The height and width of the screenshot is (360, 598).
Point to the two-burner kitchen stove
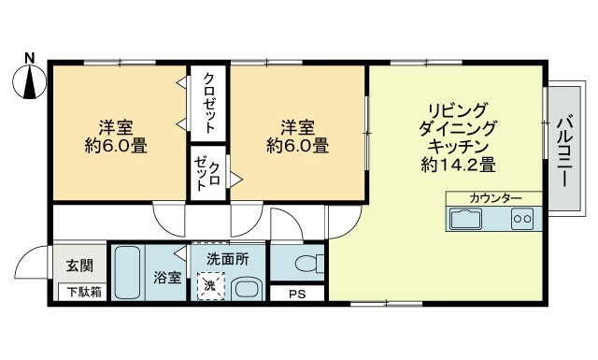[521, 221]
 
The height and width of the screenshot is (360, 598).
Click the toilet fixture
[307, 264]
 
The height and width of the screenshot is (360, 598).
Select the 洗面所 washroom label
[228, 259]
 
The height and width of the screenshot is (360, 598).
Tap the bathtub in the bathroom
[127, 272]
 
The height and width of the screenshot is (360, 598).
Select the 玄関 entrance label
[79, 266]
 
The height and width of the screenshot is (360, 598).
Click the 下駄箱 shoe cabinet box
[82, 292]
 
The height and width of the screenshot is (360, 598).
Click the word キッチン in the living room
[458, 146]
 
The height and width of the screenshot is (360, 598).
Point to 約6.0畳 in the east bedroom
[296, 146]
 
